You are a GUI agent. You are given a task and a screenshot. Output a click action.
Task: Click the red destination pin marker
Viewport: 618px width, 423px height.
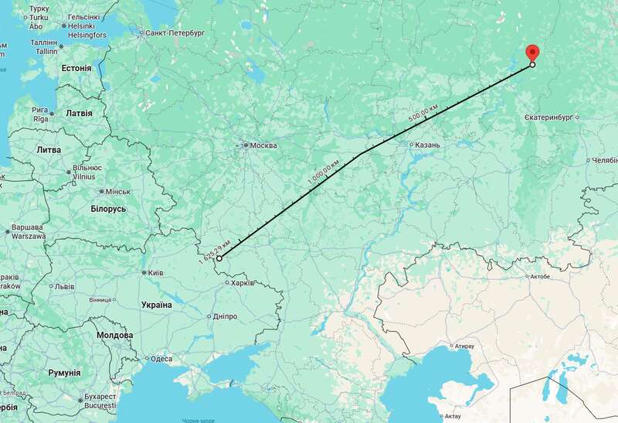[x=531, y=53]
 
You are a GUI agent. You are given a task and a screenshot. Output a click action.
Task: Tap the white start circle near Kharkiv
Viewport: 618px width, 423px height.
[x=219, y=259]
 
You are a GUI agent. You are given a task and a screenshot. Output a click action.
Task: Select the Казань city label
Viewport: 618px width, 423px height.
[x=426, y=145]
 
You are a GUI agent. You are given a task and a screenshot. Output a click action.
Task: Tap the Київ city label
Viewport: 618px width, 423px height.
[x=154, y=273]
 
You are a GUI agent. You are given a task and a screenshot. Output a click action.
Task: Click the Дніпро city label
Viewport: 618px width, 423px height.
[x=225, y=316]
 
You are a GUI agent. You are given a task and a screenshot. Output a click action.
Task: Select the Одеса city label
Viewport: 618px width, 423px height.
[x=161, y=359]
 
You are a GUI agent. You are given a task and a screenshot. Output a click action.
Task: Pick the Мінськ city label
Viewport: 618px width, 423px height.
[x=117, y=191]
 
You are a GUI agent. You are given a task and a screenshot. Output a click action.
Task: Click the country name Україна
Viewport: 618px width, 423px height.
[x=156, y=305]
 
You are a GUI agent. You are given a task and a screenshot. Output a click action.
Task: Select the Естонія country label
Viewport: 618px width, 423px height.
[x=76, y=68]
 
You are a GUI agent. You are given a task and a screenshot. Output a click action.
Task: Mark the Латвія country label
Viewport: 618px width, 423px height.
[x=78, y=113]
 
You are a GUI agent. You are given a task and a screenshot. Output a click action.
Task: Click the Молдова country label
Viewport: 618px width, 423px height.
[x=114, y=336]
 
